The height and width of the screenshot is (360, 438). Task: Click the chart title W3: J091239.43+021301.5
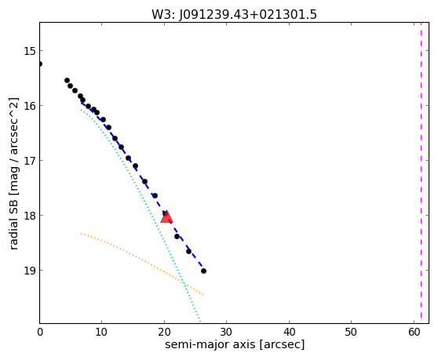[x=234, y=14]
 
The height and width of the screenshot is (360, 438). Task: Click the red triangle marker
[x=166, y=216]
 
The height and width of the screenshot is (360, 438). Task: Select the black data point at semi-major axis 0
[x=40, y=64]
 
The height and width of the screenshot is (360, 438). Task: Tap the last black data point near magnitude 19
[x=203, y=271]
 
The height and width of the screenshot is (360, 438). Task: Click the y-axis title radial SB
[x=13, y=173]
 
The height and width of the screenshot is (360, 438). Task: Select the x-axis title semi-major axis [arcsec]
[x=235, y=344]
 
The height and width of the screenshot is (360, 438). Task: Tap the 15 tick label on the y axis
[x=29, y=51]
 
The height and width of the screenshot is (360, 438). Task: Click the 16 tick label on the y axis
[x=29, y=106]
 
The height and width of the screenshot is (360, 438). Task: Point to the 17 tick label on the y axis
[x=29, y=161]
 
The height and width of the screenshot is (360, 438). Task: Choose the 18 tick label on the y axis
[x=29, y=216]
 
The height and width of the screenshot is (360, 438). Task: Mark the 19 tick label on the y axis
[x=29, y=271]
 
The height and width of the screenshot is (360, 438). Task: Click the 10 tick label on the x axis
[x=102, y=333]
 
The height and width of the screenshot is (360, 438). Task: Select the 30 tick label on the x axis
[x=227, y=333]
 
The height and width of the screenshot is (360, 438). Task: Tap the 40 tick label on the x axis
[x=289, y=333]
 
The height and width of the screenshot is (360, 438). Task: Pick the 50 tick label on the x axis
[x=352, y=333]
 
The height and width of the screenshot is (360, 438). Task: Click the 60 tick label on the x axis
[x=414, y=333]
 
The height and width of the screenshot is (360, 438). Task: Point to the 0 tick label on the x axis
[x=40, y=333]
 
